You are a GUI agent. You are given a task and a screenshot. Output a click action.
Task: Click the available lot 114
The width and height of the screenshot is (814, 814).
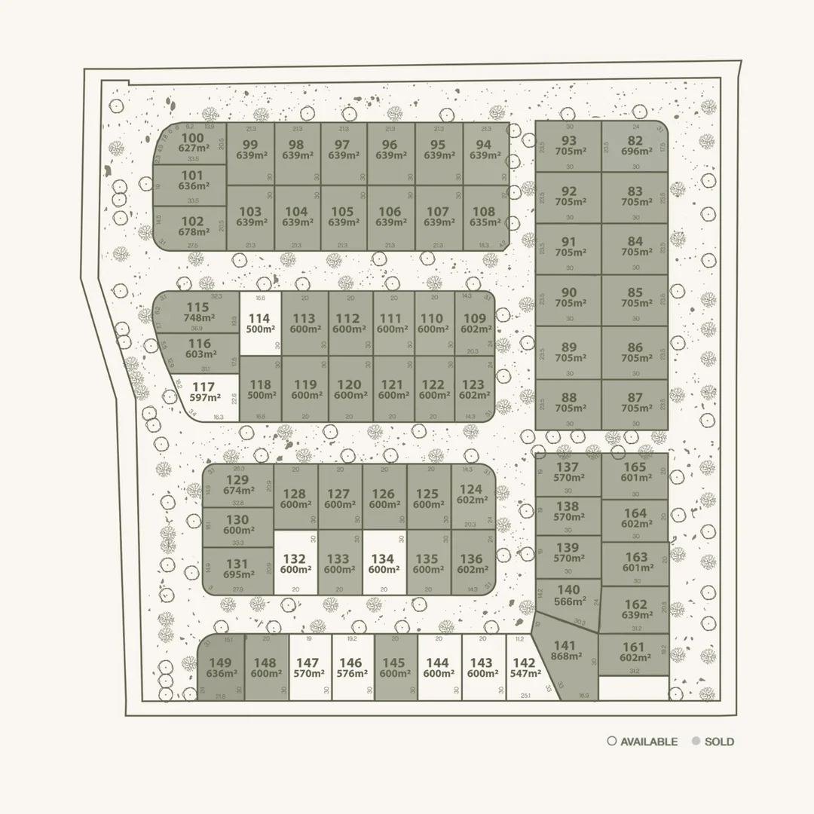pos(260,325)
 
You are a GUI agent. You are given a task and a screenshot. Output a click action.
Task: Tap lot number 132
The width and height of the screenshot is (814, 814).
pos(295,564)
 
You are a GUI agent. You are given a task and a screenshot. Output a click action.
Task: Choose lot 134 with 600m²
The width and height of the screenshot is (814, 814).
pos(384,564)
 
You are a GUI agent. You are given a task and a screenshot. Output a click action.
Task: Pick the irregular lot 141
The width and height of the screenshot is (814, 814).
pos(565,651)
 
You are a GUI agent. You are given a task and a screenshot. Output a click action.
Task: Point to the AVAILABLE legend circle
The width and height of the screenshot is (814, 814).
pos(612,742)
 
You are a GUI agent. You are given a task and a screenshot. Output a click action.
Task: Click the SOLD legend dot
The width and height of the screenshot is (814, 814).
pos(696,742)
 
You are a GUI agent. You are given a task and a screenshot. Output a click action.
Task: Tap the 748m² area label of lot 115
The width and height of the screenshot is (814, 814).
pos(197,318)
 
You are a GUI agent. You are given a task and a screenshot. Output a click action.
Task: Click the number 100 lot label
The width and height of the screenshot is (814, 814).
pos(193,138)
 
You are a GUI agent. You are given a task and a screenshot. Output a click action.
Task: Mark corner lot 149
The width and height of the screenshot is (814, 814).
pos(222,668)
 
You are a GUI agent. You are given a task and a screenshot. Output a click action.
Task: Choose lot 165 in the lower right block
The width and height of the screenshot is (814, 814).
pos(635,472)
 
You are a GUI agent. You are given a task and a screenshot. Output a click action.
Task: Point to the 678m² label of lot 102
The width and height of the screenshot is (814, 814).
pos(193,232)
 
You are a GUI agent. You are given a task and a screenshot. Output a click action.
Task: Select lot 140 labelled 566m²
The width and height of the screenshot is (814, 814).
pos(568,595)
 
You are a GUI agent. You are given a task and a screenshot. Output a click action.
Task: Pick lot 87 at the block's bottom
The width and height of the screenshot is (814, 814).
pos(635,403)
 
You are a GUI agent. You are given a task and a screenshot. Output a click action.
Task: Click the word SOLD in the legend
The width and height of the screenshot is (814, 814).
pos(720,742)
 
